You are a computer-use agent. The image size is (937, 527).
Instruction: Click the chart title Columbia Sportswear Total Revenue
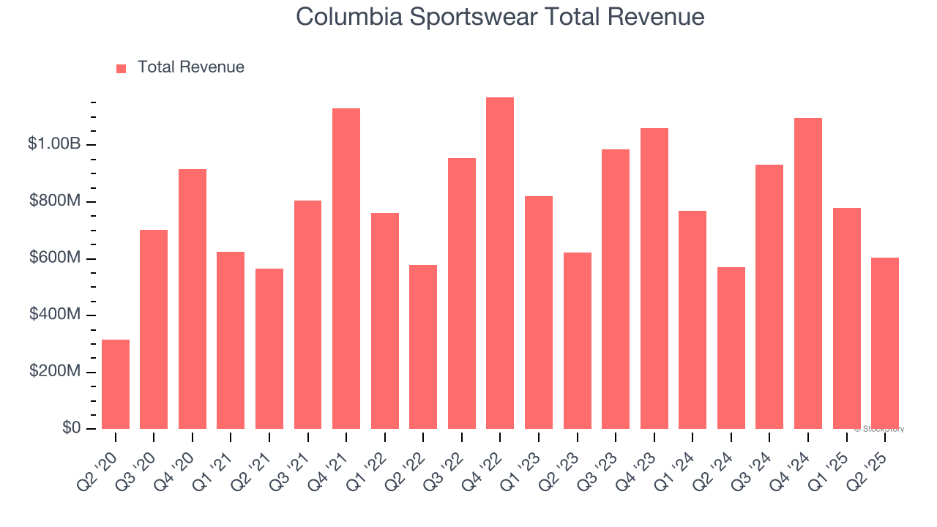coord(500,18)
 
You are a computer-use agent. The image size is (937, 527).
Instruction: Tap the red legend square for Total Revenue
coord(122,68)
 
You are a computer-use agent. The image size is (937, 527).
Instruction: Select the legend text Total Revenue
coord(190,67)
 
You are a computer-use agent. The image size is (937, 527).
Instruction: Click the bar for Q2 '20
coord(116,384)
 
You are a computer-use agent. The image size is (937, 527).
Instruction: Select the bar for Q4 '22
coord(500,263)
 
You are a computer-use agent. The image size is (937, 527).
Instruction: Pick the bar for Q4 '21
coord(346,269)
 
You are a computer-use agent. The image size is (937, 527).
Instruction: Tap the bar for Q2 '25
coord(884,343)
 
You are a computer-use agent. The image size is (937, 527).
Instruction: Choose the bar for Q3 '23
coord(616,289)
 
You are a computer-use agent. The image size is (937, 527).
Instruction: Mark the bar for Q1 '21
coord(231,340)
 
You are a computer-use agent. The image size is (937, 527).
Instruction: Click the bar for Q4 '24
coord(807,273)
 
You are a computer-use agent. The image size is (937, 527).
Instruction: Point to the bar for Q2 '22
coord(423,347)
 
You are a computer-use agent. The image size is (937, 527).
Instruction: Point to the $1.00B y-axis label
coord(54,144)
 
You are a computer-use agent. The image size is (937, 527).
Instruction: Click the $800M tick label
coord(56,201)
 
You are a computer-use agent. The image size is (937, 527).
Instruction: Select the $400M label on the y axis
coord(56,315)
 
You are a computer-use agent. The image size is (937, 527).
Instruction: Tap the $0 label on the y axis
coord(71,428)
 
